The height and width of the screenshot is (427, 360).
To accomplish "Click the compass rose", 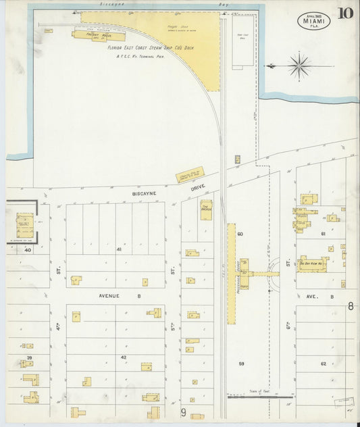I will pyautogui.click(x=298, y=66).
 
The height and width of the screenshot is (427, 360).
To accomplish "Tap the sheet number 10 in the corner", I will pyautogui.click(x=346, y=14).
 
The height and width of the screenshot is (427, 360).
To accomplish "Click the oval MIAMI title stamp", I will pyautogui.click(x=313, y=21).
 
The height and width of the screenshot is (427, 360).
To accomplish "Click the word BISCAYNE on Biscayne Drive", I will pyautogui.click(x=145, y=192).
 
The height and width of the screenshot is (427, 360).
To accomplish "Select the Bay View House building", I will pyautogui.click(x=313, y=263).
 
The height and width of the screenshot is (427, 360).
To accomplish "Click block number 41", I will pyautogui.click(x=119, y=250).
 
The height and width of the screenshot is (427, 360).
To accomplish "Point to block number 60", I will pyautogui.click(x=239, y=234).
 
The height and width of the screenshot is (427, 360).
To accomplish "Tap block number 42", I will pyautogui.click(x=123, y=357).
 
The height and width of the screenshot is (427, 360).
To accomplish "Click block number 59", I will pyautogui.click(x=240, y=364).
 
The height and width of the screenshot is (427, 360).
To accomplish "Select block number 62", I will pyautogui.click(x=323, y=364).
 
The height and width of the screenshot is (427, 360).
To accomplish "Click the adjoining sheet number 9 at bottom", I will pyautogui.click(x=183, y=411).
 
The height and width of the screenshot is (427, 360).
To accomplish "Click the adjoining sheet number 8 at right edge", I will pyautogui.click(x=351, y=305).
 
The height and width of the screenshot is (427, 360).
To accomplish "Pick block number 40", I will pyautogui.click(x=28, y=250).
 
